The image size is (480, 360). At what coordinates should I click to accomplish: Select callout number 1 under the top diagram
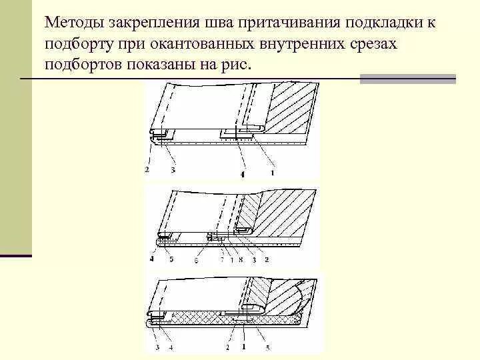tap(272, 172)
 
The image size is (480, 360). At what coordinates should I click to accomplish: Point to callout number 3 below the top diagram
tap(173, 171)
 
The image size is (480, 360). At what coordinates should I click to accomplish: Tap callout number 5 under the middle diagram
tap(171, 259)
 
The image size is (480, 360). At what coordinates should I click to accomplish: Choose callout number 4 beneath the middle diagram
tap(151, 259)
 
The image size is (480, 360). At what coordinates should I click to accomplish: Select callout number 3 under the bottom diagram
tap(156, 347)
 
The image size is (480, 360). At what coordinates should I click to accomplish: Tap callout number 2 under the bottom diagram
tap(227, 347)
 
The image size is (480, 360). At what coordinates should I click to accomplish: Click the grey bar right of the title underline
tap(407, 79)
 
